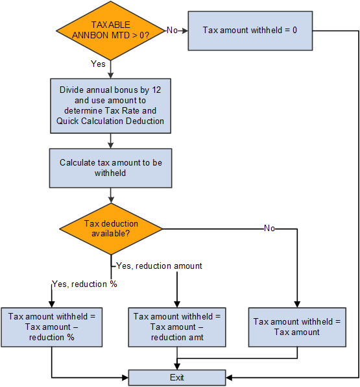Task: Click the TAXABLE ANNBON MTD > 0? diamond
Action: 110,30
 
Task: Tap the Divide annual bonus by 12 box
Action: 110,105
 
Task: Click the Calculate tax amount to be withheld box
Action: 110,168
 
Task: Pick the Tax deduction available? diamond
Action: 110,229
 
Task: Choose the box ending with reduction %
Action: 51,327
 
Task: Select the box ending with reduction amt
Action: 176,327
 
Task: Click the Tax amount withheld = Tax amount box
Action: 296,327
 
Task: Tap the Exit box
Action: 176,377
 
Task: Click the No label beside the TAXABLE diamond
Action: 172,30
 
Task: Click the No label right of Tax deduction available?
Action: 269,229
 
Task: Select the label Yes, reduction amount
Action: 159,266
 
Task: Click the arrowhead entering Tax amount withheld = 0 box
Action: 185,30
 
